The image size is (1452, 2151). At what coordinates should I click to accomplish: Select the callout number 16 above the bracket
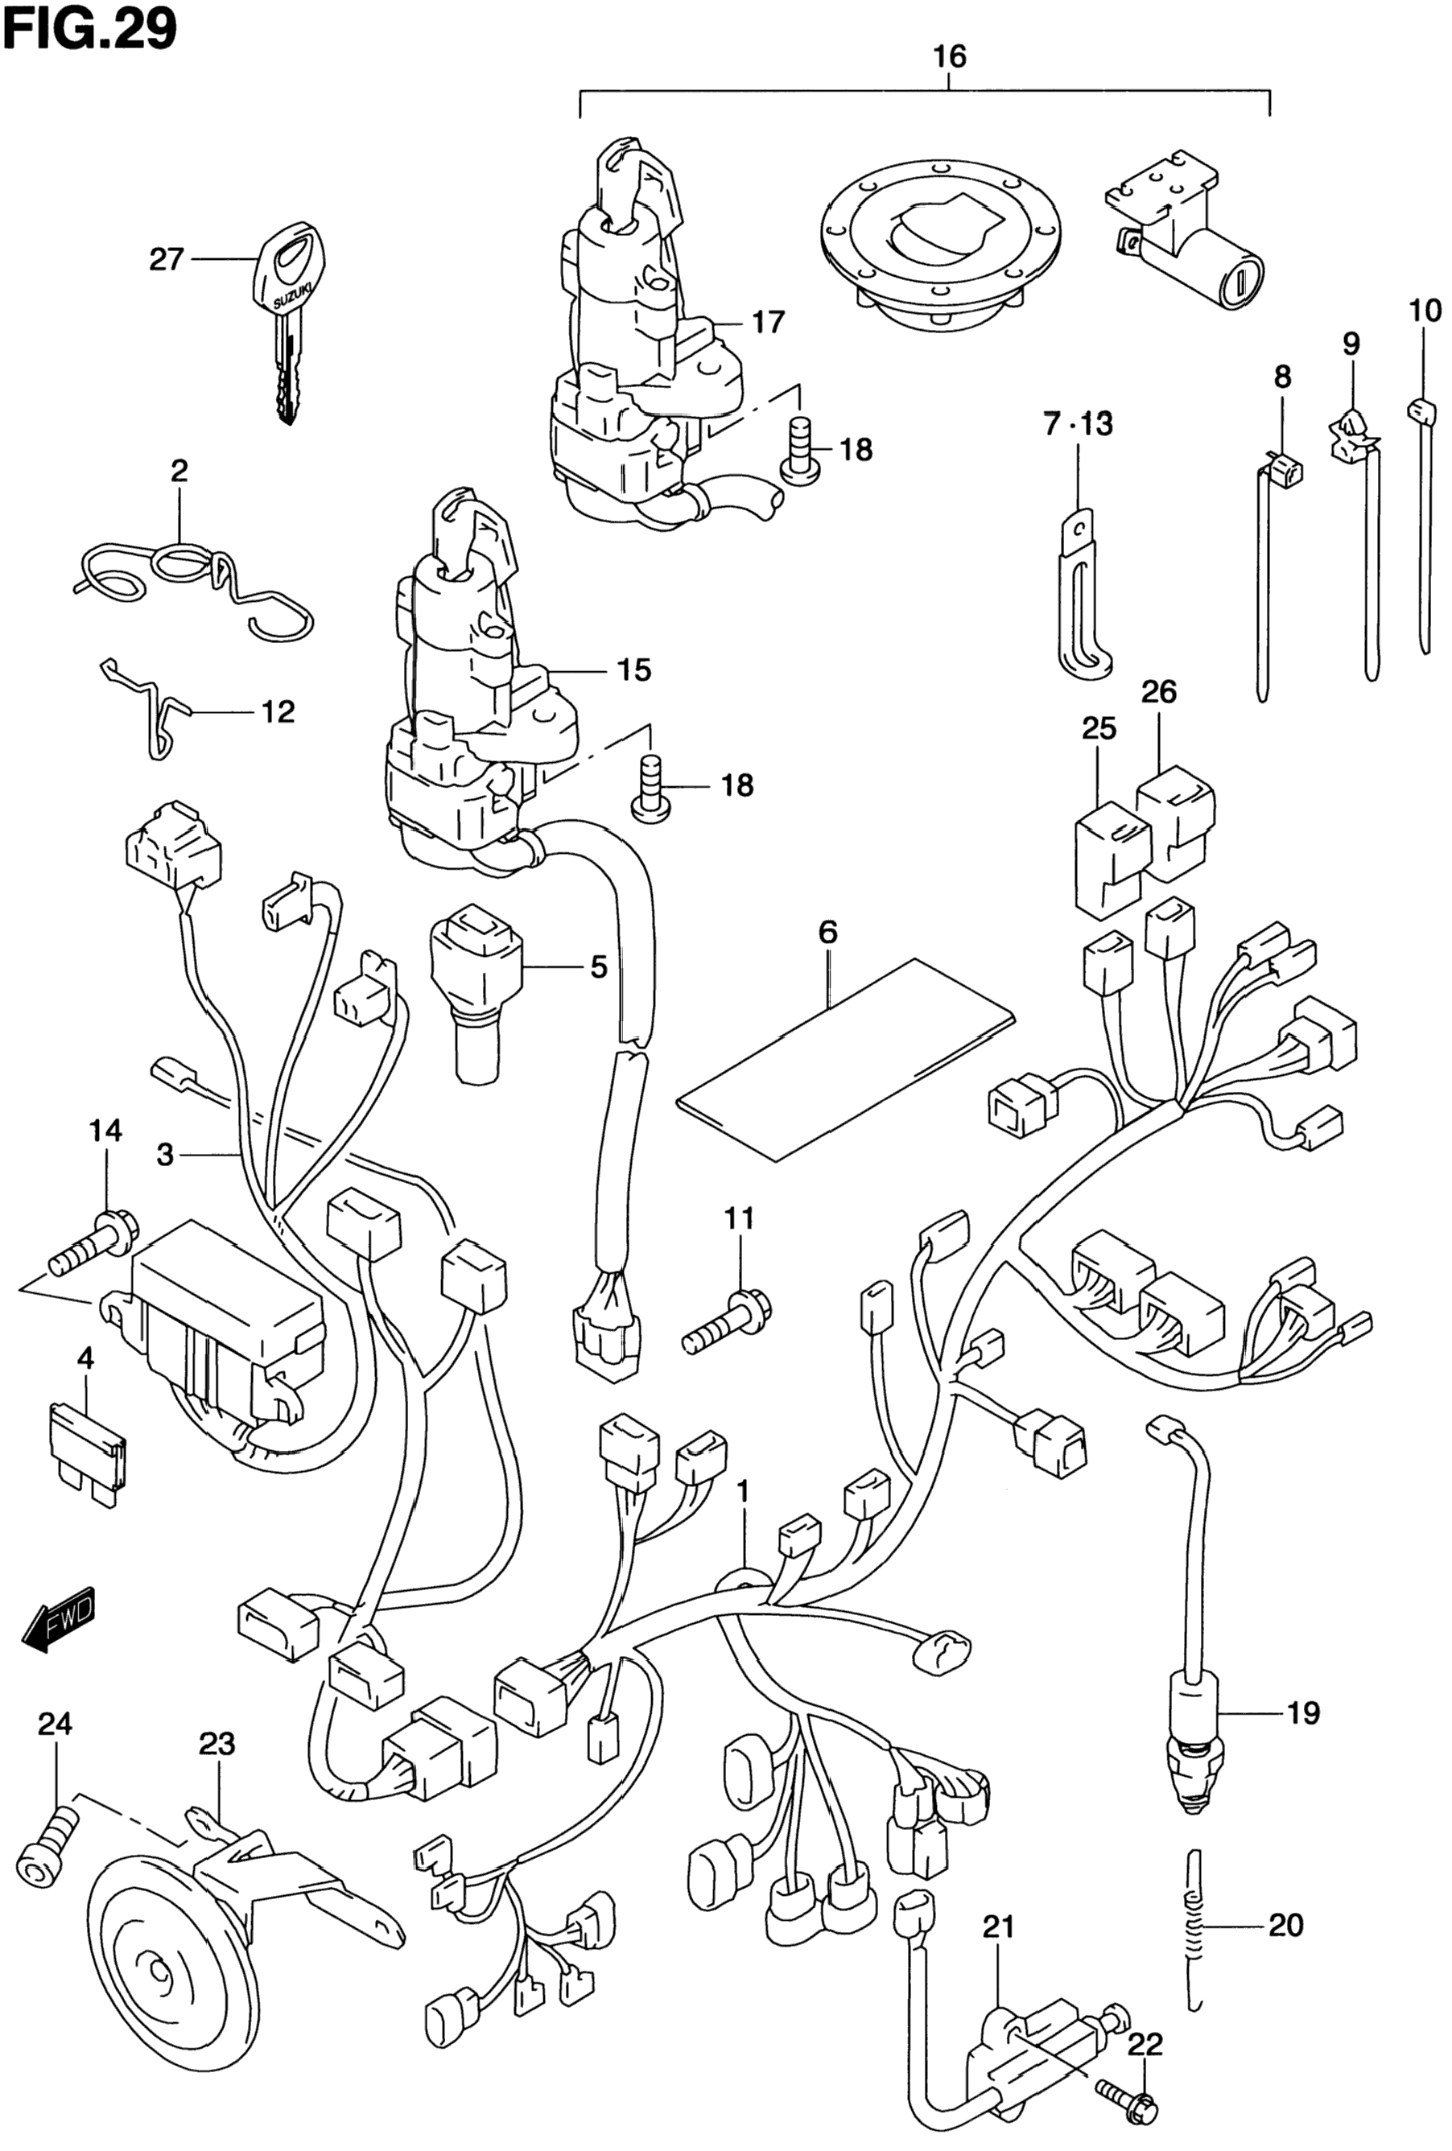coord(949,57)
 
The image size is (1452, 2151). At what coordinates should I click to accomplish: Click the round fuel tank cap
coord(941,245)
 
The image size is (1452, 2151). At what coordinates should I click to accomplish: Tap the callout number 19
coord(1303,1713)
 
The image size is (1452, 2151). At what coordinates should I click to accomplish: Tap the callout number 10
coord(1425,311)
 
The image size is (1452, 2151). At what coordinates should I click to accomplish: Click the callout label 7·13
coord(1078,425)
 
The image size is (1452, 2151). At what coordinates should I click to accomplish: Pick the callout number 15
coord(634,670)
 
